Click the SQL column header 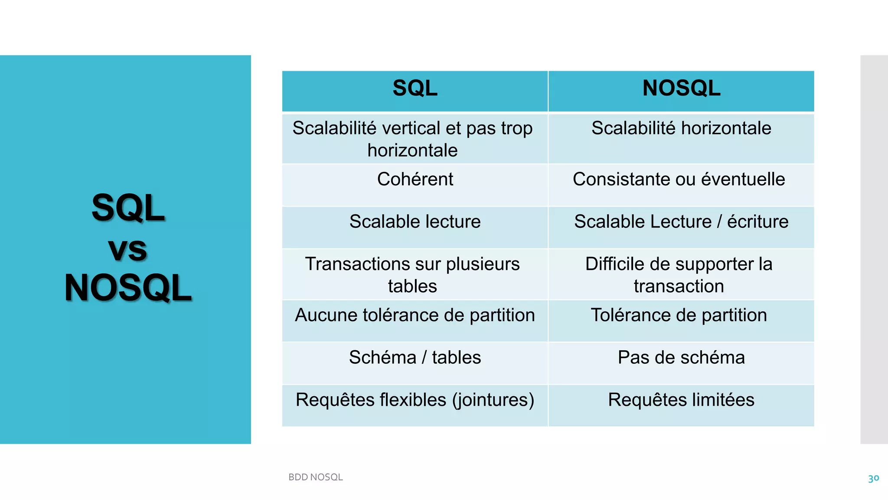tap(415, 88)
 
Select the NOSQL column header tap(681, 88)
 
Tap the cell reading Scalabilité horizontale tap(681, 128)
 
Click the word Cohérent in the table tap(415, 179)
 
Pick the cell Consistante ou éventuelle tap(679, 179)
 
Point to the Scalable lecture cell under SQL tap(415, 222)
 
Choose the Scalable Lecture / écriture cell tap(681, 222)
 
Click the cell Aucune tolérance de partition tap(415, 315)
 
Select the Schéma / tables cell tap(415, 358)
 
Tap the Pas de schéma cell tap(681, 358)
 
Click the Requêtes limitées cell tap(681, 400)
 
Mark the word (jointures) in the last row tap(493, 400)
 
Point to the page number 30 tap(873, 478)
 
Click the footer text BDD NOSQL tap(316, 477)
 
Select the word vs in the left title tap(127, 250)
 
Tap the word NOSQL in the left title tap(128, 288)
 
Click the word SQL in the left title tap(128, 208)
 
